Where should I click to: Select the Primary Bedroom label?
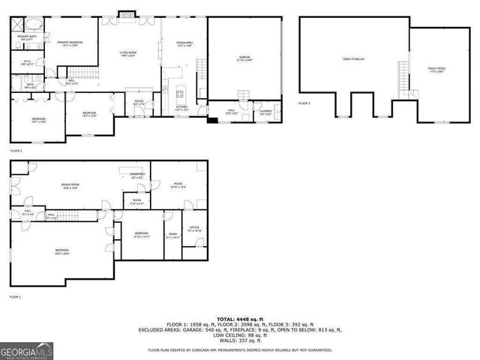pyautogui.click(x=70, y=43)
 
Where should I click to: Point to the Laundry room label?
pyautogui.click(x=265, y=113)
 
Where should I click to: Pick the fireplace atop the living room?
pyautogui.click(x=126, y=13)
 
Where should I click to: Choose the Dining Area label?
pyautogui.click(x=184, y=44)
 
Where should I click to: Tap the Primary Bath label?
pyautogui.click(x=28, y=37)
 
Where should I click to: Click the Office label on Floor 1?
pyautogui.click(x=193, y=229)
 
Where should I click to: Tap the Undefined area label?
pyautogui.click(x=136, y=176)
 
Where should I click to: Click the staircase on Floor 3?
pyautogui.click(x=404, y=76)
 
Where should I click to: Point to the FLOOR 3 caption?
pyautogui.click(x=304, y=103)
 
